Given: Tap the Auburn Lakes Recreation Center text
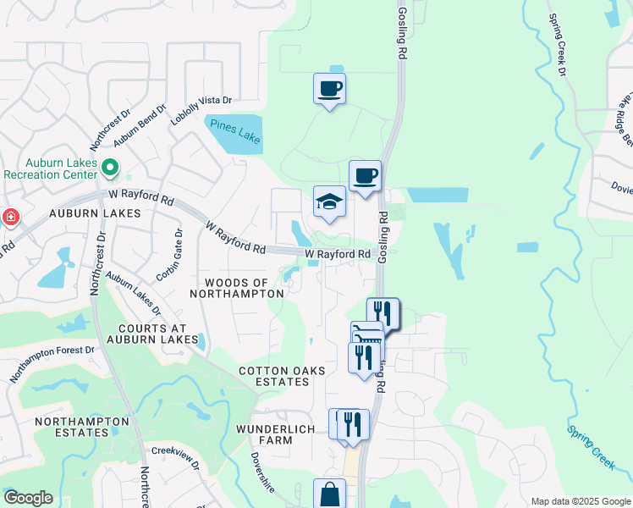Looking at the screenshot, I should [x=50, y=168].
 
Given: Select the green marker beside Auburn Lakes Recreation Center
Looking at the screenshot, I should [x=109, y=167].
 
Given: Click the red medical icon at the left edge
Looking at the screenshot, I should [x=9, y=218].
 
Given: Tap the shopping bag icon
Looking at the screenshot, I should [x=329, y=494].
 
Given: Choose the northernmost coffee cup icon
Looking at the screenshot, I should [x=329, y=88].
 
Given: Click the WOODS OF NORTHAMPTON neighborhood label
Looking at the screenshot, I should [x=236, y=288].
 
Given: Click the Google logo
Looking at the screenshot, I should [x=28, y=498].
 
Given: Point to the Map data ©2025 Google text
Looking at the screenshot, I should [x=580, y=501].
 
